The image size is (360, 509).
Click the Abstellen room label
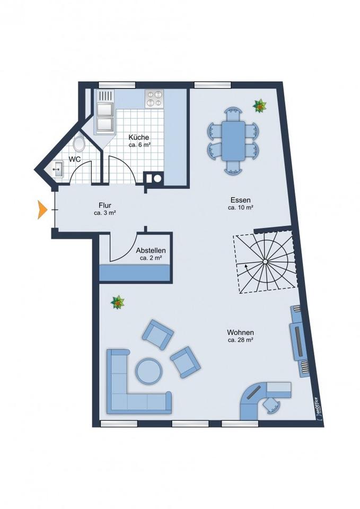(151, 250)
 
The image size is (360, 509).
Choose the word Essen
(240, 200)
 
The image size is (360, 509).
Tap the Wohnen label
(240, 332)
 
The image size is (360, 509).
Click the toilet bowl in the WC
(79, 144)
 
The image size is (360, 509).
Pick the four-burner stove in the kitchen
(154, 98)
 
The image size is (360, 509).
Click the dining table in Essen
(233, 141)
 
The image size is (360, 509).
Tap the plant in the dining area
(260, 106)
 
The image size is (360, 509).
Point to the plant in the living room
(117, 303)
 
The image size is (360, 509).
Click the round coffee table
(149, 371)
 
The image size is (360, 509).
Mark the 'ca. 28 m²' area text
(240, 340)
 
